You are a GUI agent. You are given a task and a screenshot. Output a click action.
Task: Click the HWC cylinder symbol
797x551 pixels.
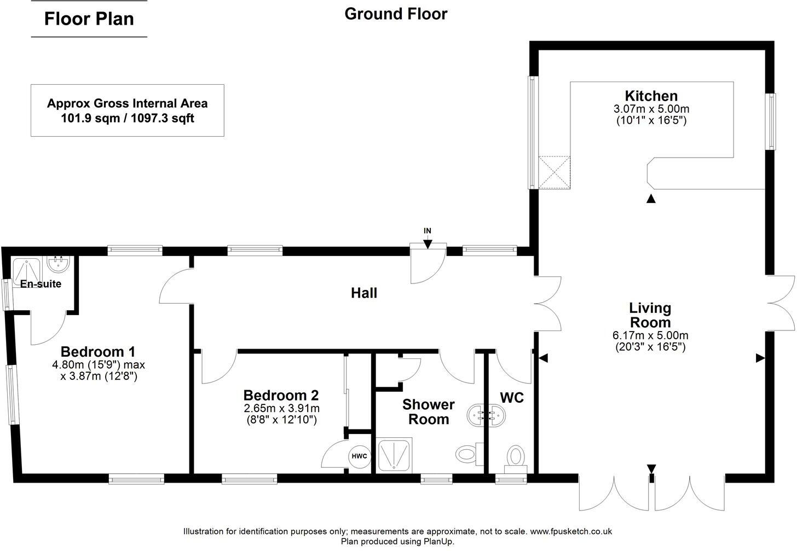tap(359, 456)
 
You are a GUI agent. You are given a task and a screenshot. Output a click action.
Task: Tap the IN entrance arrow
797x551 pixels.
tap(428, 244)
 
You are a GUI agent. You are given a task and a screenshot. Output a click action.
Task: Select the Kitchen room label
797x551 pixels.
tap(651, 96)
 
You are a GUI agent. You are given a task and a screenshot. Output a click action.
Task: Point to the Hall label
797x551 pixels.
tap(364, 293)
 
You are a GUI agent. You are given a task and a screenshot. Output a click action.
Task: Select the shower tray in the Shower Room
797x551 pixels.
tap(394, 455)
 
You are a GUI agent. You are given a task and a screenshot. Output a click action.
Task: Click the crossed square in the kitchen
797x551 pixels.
tap(554, 172)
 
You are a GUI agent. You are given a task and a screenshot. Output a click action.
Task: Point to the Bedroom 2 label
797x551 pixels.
tap(281, 395)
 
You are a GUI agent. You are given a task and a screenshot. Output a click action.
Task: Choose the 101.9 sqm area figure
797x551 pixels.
tap(90, 118)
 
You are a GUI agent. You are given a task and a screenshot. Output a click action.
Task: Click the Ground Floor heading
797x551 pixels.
tap(396, 14)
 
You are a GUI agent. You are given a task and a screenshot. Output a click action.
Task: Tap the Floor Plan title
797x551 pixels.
tap(89, 19)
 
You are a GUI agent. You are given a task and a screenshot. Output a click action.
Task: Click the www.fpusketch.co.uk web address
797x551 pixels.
tap(571, 531)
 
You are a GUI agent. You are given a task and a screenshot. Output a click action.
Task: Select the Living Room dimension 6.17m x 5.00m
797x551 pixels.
tap(650, 335)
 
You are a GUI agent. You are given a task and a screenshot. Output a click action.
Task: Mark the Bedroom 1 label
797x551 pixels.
tap(98, 351)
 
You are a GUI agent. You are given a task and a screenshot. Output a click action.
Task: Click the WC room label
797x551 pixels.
tap(512, 398)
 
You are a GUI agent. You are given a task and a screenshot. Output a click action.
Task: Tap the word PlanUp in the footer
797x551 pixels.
tap(438, 541)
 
